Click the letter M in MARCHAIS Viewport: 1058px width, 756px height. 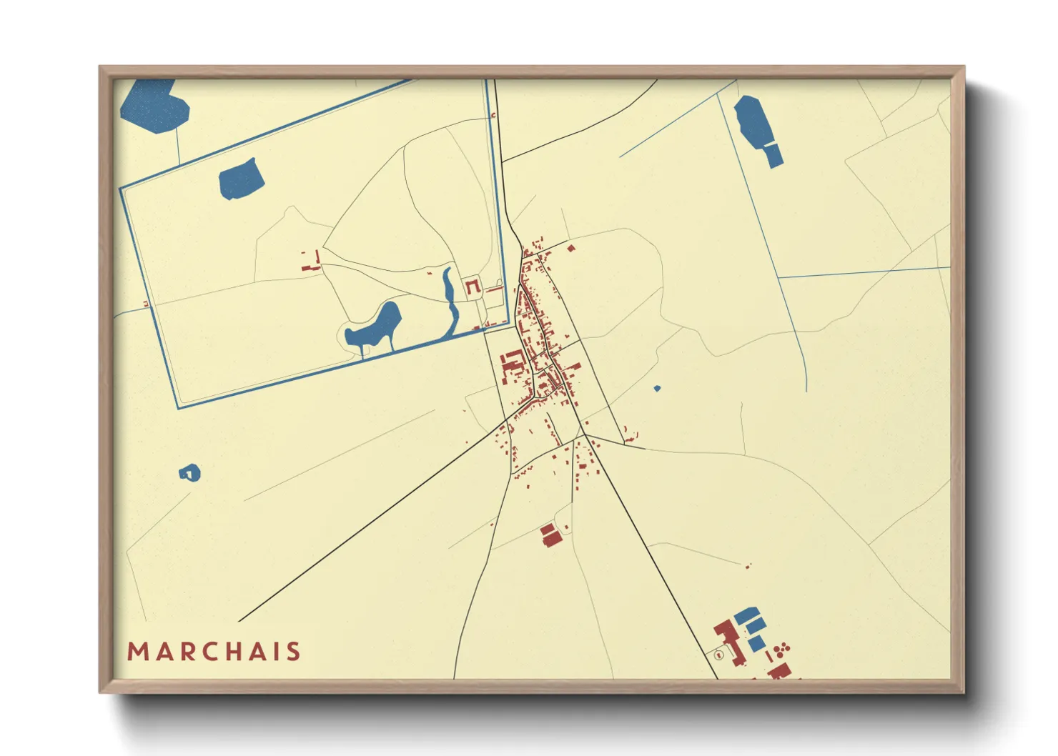(137, 652)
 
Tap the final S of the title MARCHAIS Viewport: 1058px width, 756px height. (293, 652)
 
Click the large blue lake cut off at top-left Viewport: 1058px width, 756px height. (154, 106)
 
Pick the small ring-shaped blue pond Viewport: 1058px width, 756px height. (189, 472)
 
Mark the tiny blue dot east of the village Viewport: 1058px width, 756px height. (657, 389)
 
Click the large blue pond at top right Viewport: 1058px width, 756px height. (753, 121)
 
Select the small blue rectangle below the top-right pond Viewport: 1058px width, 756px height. (773, 155)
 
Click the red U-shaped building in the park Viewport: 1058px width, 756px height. (473, 287)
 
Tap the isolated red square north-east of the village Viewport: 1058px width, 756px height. (570, 249)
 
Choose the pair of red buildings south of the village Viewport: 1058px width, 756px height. (550, 535)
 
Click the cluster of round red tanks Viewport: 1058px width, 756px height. (783, 648)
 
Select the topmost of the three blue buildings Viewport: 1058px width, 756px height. (746, 614)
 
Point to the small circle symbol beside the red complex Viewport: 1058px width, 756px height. (719, 655)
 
